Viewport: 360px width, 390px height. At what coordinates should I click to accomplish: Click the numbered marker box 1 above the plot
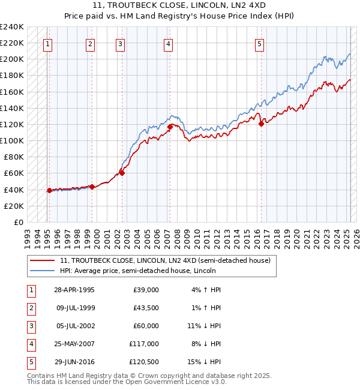(x=47, y=43)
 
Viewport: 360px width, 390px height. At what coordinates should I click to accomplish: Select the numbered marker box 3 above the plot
(x=120, y=43)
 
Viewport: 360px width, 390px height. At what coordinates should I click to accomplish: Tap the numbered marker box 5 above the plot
(x=259, y=43)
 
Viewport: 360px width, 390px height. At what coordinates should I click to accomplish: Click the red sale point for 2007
(x=170, y=127)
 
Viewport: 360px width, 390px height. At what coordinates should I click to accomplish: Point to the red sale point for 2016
(x=262, y=124)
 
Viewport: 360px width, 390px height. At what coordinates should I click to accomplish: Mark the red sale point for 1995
(x=49, y=190)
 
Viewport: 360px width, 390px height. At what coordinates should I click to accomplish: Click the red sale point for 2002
(x=122, y=173)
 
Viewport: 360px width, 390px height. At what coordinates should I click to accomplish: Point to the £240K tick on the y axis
(x=12, y=27)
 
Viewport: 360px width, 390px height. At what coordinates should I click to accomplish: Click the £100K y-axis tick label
(x=12, y=140)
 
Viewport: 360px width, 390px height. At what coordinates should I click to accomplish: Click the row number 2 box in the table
(x=30, y=308)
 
